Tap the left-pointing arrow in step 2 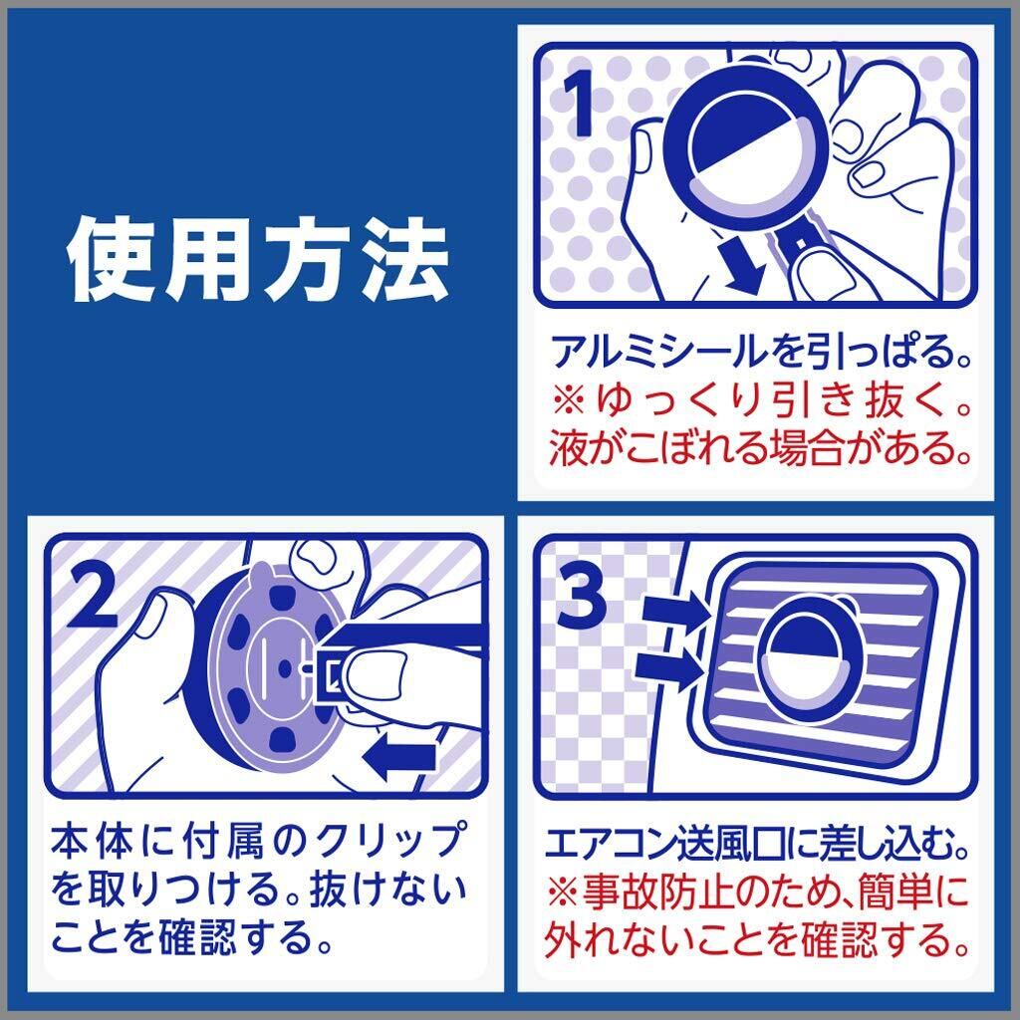(398, 758)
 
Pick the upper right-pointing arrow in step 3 (675, 612)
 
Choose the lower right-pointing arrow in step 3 (670, 669)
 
